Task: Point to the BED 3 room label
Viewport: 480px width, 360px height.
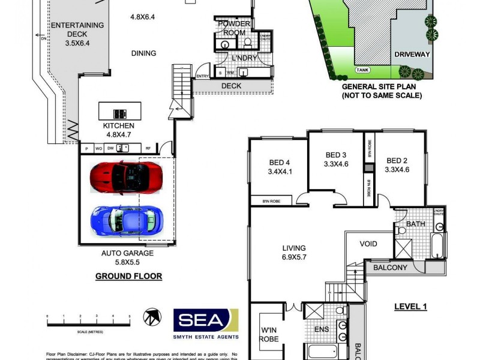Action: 335,157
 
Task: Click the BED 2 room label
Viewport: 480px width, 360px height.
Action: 397,165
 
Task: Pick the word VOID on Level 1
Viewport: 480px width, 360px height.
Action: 368,244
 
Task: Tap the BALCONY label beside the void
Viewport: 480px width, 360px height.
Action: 391,268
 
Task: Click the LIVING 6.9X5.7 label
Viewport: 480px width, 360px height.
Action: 294,252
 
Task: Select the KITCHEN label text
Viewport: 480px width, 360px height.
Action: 119,130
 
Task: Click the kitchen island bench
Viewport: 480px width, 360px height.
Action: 120,112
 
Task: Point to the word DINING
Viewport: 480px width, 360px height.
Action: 143,53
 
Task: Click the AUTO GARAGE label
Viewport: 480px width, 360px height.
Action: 127,257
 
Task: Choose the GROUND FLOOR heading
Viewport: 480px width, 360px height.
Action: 128,277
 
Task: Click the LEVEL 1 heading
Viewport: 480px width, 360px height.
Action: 410,307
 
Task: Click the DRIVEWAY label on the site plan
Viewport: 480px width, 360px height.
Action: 413,54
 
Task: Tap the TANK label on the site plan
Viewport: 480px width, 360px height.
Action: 362,70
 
